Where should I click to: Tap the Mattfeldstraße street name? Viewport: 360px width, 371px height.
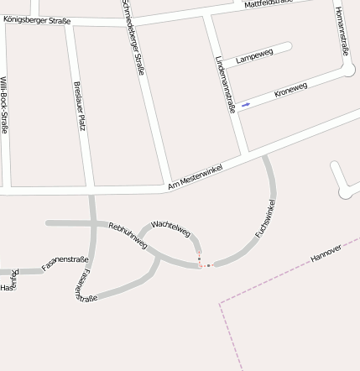(269, 3)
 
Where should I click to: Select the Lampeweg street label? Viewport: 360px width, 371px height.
(254, 56)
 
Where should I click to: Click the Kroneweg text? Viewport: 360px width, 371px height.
(290, 90)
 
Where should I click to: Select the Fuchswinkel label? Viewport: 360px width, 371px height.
(266, 217)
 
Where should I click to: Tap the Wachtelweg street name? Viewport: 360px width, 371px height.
(170, 227)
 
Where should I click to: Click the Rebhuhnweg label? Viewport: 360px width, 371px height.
(128, 235)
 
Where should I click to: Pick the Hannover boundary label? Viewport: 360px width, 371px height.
(326, 253)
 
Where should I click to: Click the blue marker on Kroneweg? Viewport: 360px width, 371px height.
(245, 105)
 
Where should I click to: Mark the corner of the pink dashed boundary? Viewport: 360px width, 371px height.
(221, 306)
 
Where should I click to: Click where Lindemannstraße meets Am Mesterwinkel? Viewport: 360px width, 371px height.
(244, 156)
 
